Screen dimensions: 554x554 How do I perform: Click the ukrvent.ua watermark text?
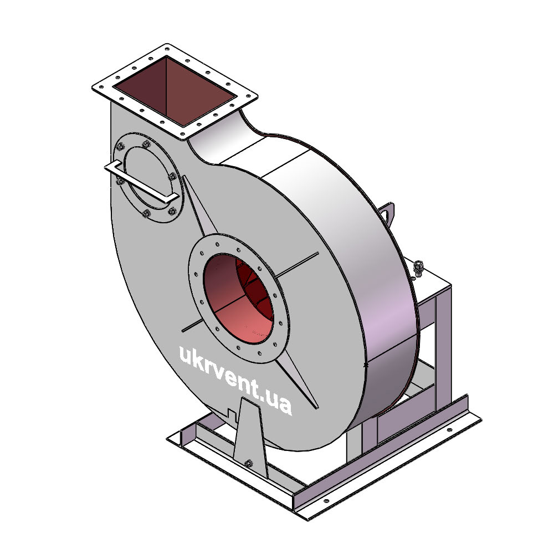point(235,379)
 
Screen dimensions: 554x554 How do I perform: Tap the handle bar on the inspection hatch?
point(141,182)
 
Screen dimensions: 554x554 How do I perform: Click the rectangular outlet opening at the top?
point(175,91)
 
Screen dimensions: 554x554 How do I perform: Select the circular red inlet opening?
point(238,299)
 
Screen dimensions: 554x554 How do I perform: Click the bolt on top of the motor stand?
point(418,267)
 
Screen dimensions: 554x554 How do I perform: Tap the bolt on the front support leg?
point(248,463)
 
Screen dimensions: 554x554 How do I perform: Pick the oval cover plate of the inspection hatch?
point(148,178)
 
